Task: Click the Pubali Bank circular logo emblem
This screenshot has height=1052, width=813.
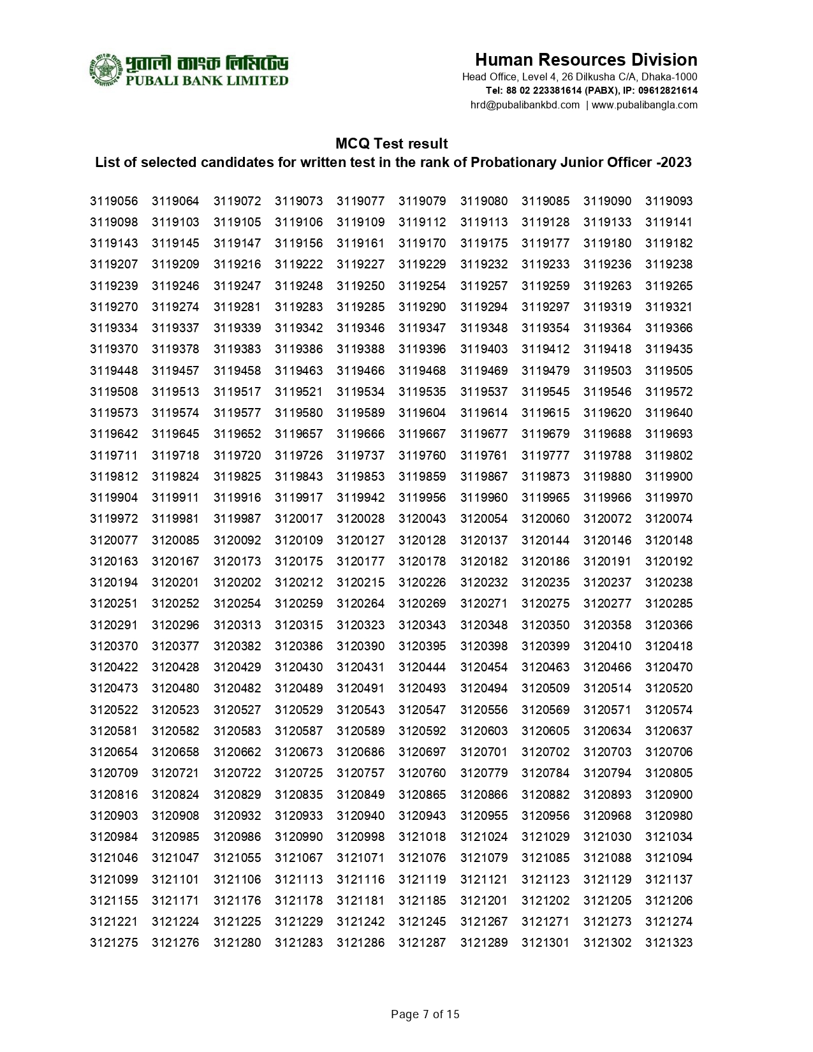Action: click(105, 69)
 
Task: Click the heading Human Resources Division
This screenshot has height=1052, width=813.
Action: click(585, 60)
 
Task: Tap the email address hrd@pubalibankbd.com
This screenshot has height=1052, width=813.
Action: click(525, 105)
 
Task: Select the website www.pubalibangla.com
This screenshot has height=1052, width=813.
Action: click(644, 105)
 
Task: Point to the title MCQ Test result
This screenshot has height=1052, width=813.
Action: click(392, 143)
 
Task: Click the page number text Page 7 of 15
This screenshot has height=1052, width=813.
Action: click(425, 1014)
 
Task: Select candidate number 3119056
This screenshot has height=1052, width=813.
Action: click(114, 201)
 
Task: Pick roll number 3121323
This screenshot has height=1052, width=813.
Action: click(668, 943)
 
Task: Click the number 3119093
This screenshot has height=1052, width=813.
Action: click(668, 201)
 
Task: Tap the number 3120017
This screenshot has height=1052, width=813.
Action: click(298, 519)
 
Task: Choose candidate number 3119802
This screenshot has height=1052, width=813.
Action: click(668, 456)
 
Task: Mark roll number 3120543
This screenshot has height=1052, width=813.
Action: click(360, 710)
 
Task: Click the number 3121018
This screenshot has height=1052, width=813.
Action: click(422, 837)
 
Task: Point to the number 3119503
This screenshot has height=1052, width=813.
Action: click(607, 371)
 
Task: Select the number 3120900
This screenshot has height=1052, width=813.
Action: click(668, 795)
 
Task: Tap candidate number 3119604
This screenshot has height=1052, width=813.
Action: click(422, 413)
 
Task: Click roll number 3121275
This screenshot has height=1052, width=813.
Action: click(114, 943)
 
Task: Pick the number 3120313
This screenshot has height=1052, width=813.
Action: click(237, 625)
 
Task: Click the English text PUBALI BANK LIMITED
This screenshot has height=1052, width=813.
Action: click(207, 81)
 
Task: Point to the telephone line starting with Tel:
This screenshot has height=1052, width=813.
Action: click(591, 91)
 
